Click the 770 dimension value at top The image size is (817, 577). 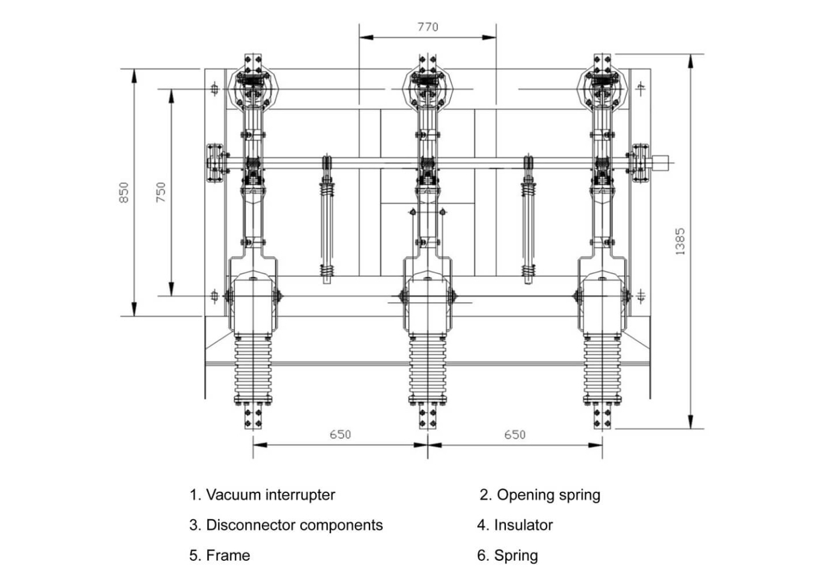(x=428, y=27)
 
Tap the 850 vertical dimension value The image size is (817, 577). (x=124, y=192)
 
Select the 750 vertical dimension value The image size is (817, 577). (x=160, y=192)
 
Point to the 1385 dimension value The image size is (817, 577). (x=680, y=242)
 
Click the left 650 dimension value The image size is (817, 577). (x=340, y=435)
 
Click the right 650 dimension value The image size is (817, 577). (x=515, y=435)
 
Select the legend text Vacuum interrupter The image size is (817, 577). (x=263, y=495)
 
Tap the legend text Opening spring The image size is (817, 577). (x=540, y=495)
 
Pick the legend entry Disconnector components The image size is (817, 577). (x=286, y=525)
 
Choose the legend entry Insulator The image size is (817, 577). (x=515, y=525)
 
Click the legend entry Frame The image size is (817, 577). (x=220, y=555)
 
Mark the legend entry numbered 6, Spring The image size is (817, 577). (x=508, y=555)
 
